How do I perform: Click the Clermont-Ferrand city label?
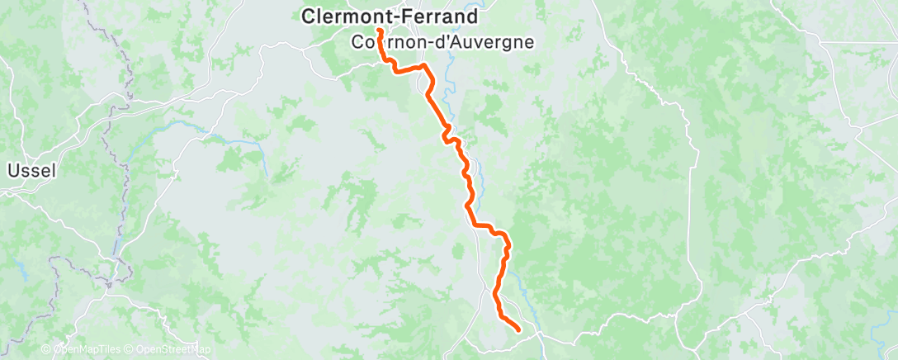point(379,15)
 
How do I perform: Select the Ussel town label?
point(31,171)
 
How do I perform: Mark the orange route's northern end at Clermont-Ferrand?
point(379,31)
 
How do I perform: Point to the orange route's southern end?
point(518,330)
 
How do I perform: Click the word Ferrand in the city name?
point(425,15)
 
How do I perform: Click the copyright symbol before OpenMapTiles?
point(47,350)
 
